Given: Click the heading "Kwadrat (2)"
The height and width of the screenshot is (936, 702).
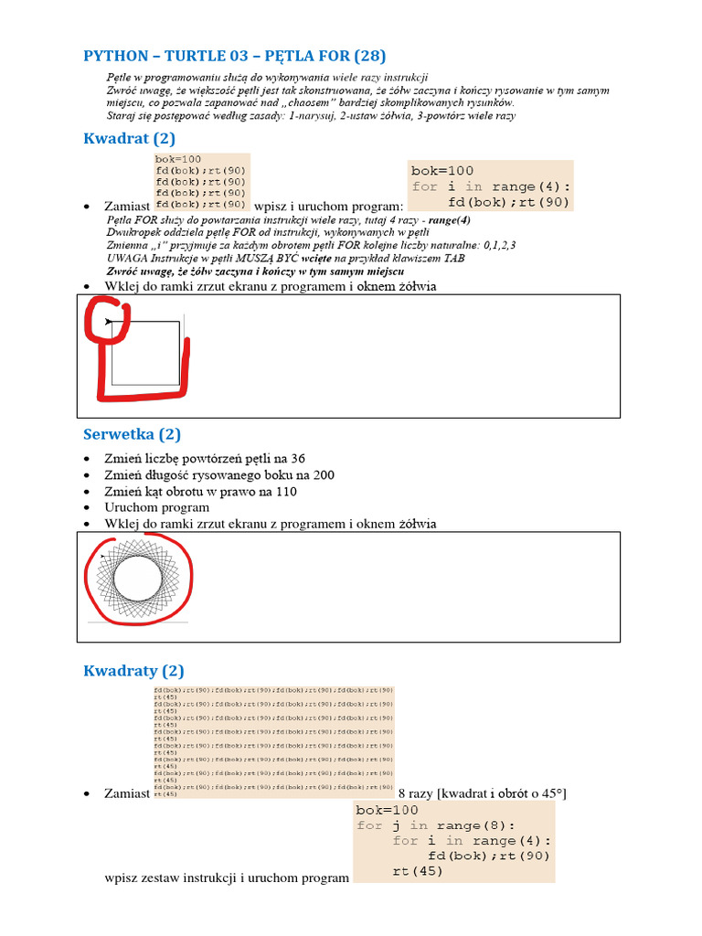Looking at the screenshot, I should click(129, 139).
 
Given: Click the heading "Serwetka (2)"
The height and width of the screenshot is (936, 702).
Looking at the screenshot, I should click(132, 434).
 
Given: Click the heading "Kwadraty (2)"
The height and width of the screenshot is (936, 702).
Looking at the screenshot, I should click(133, 671).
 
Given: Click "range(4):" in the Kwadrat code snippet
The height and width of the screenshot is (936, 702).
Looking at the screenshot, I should click(531, 186).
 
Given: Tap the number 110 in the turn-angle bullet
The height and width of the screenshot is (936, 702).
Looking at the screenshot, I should click(285, 491).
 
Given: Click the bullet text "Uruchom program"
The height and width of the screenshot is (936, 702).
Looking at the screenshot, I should click(156, 507).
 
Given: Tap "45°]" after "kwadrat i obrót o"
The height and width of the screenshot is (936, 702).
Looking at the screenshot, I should click(553, 794).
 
